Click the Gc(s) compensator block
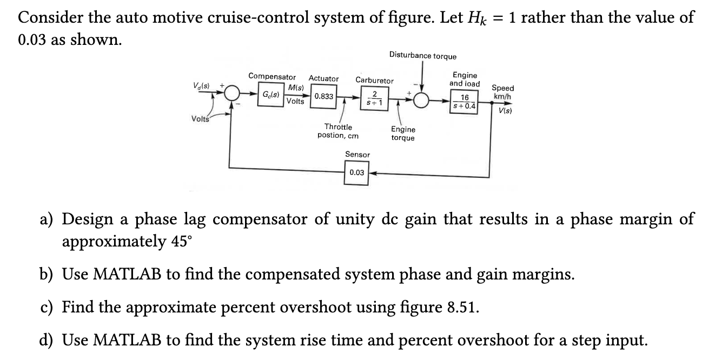270,96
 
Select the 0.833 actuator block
323,97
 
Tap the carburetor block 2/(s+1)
370,98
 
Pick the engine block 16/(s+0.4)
465,101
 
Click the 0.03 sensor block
356,173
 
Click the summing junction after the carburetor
422,99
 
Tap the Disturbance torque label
422,56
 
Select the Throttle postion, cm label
337,131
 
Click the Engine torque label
403,134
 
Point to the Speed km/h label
502,92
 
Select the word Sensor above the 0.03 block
357,155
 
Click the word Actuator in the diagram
323,79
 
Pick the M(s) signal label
296,88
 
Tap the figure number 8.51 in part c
463,308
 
